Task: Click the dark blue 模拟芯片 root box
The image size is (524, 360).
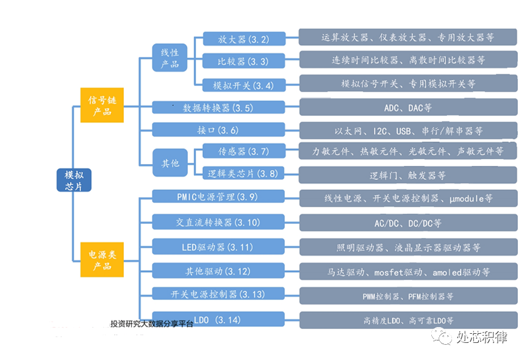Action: coord(74,180)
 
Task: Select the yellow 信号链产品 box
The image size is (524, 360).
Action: coord(102,105)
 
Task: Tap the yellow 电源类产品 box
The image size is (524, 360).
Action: coord(102,260)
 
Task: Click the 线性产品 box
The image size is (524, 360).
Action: coord(170,57)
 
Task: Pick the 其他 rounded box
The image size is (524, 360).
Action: coord(170,163)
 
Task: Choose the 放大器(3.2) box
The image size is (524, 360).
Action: coord(244,39)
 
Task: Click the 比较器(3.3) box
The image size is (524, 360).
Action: coord(244,61)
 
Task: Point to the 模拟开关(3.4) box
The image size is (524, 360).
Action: coord(244,85)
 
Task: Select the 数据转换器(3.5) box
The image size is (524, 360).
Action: coord(218,107)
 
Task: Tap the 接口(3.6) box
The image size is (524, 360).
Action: coord(218,129)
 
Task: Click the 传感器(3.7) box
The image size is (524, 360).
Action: coord(244,151)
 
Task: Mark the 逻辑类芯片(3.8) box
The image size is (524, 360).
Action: coord(243,173)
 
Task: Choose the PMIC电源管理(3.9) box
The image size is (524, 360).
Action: coord(218,196)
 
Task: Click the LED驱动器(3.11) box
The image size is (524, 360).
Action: coord(218,247)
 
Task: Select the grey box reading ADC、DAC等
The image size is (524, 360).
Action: coord(408,107)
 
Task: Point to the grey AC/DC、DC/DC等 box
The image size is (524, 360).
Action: coord(408,223)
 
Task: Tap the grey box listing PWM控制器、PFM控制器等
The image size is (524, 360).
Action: coord(408,296)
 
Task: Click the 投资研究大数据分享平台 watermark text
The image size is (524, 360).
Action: coord(152,323)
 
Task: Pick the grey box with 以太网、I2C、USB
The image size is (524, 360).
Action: coord(408,131)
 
